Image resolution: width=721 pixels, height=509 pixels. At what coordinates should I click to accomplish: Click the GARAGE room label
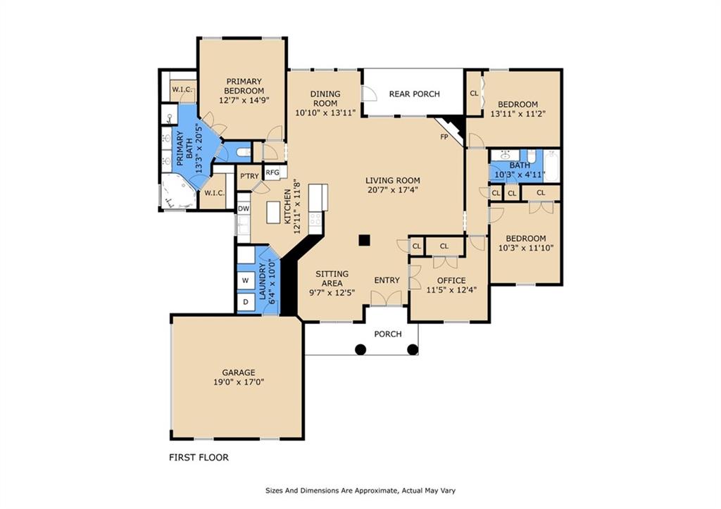(x=238, y=372)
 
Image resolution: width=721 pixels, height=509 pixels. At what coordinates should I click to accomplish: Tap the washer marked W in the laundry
(x=246, y=280)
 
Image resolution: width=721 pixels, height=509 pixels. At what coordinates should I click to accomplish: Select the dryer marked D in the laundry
(x=246, y=302)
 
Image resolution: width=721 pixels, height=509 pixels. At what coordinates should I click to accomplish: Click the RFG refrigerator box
(x=272, y=173)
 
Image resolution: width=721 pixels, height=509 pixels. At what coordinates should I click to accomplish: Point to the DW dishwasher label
(x=244, y=208)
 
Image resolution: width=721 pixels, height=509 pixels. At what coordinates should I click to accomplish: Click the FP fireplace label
(x=444, y=137)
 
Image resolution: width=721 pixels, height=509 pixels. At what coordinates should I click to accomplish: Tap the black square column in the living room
(x=365, y=240)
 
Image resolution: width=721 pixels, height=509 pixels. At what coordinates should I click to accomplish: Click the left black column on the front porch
(x=361, y=349)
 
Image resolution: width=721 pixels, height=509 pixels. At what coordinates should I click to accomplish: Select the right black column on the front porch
(x=413, y=349)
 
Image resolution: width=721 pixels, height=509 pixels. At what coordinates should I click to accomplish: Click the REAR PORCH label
(x=414, y=94)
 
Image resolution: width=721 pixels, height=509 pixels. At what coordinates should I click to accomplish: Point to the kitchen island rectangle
(x=274, y=212)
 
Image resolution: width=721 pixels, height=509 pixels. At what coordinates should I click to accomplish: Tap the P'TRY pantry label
(x=250, y=176)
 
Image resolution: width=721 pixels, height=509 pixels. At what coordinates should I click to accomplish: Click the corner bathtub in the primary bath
(x=177, y=191)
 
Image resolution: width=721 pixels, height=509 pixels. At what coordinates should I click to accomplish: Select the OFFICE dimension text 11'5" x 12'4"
(x=451, y=289)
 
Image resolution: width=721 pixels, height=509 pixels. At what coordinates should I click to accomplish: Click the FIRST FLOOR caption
(x=199, y=458)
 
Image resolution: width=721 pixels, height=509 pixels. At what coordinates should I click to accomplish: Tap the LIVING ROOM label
(x=393, y=180)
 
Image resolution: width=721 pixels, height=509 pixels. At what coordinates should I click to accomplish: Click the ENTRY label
(x=387, y=280)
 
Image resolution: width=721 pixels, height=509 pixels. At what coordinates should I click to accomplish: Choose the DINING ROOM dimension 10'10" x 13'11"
(x=325, y=112)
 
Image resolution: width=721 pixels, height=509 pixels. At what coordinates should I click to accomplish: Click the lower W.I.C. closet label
(x=215, y=193)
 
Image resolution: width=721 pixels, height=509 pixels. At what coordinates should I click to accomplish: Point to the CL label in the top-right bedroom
(x=474, y=94)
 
